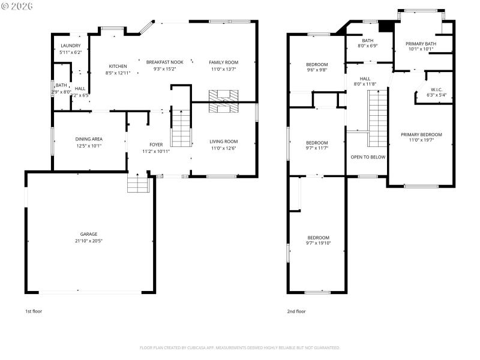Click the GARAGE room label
(89, 234)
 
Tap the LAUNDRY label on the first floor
(70, 46)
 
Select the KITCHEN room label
(118, 66)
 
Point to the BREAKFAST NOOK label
(165, 62)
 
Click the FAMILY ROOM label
(224, 62)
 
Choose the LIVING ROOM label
(224, 142)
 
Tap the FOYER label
(156, 145)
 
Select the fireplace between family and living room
(223, 101)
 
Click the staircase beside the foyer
(181, 128)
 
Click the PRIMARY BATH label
(421, 43)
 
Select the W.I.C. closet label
(436, 89)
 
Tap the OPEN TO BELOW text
(368, 157)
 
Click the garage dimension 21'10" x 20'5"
(89, 241)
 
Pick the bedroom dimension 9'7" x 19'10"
(318, 243)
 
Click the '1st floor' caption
(33, 311)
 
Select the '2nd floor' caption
(296, 311)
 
